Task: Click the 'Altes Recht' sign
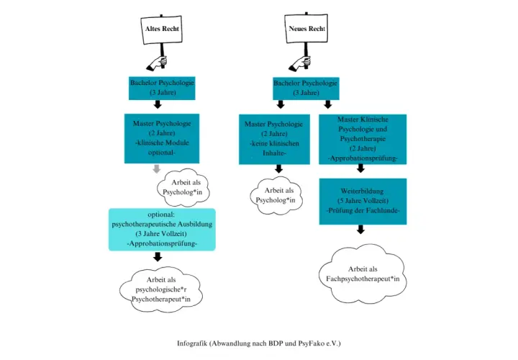click(162, 30)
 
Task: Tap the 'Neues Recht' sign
click(306, 28)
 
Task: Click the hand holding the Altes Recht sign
click(158, 63)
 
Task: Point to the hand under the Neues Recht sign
click(300, 63)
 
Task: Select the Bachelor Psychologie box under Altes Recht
click(162, 88)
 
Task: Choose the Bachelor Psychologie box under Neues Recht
click(306, 89)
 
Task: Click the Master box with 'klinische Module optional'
click(162, 138)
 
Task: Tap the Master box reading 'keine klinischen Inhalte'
click(274, 139)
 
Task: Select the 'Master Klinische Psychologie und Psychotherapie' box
click(363, 139)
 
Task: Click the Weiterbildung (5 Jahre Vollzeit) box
click(363, 202)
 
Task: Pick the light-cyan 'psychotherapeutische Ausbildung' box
click(162, 230)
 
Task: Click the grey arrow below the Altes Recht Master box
click(157, 169)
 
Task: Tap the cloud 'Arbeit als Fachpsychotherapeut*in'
click(363, 274)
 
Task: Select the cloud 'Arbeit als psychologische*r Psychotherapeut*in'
click(161, 289)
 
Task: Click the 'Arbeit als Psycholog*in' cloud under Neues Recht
click(276, 195)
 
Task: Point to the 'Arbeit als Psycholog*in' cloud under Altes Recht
click(183, 187)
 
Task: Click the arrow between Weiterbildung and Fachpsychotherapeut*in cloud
click(360, 230)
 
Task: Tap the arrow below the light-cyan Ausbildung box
click(158, 257)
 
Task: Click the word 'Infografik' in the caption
click(192, 343)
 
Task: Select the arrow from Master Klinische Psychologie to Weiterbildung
click(360, 168)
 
